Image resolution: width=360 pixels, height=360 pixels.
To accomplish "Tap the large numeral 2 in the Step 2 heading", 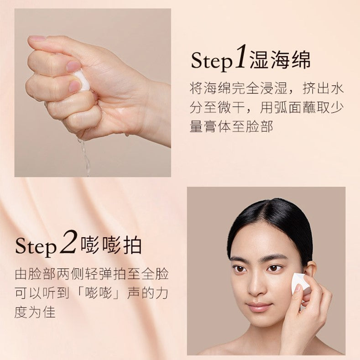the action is tap(68, 242).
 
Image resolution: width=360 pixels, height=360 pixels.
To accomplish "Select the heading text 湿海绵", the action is tap(280, 60).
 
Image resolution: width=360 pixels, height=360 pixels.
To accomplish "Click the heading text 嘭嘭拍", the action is tap(111, 245).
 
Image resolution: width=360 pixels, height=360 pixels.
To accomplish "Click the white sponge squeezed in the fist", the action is tap(83, 80).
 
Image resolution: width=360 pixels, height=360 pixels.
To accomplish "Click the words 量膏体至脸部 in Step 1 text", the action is tap(232, 126).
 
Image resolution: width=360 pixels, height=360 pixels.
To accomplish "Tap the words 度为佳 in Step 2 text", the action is tap(35, 312).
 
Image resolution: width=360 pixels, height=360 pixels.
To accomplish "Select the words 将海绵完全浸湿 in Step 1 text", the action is tap(239, 89).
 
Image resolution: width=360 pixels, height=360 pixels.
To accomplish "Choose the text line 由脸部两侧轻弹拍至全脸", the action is tap(92, 274).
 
